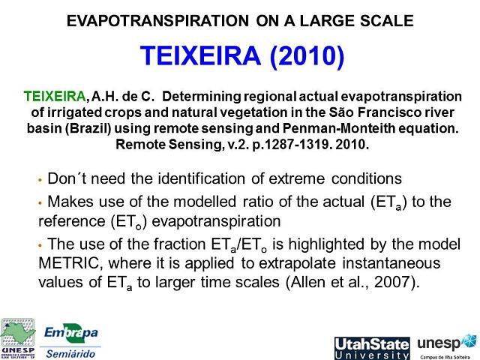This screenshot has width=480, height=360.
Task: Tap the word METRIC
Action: click(68, 264)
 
